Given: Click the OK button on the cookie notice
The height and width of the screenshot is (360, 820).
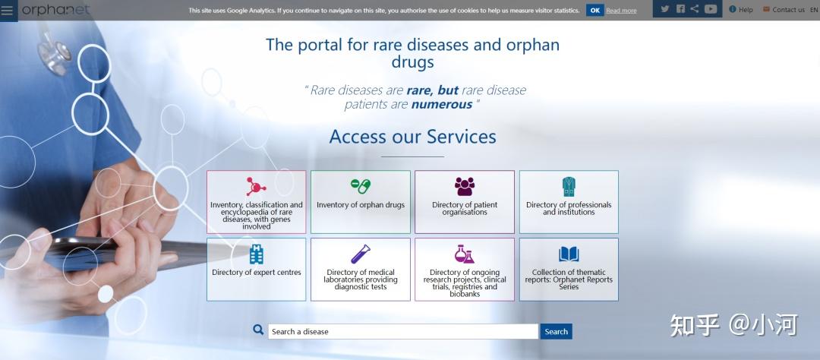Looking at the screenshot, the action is point(594,11).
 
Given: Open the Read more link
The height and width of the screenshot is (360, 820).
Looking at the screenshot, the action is point(621,11).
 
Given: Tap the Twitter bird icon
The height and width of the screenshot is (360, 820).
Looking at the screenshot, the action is point(664,9).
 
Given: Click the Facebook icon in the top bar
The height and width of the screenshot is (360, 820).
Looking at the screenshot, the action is point(680,9).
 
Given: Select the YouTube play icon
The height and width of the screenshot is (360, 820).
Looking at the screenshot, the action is point(710,9).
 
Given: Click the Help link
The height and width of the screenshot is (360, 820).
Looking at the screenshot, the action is point(741,9).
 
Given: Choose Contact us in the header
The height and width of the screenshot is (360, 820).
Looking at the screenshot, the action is point(784,9).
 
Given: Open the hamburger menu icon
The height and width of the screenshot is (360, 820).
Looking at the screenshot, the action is point(7,11).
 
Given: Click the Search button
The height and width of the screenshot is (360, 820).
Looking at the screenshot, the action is point(556,331).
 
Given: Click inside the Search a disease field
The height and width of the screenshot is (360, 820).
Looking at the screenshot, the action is point(402,331).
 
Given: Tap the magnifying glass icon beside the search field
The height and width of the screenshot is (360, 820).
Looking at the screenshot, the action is point(258,330).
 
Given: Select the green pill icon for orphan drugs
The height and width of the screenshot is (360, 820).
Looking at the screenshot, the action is point(361,186).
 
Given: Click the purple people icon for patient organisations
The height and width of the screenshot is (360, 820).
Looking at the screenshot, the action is point(465,186).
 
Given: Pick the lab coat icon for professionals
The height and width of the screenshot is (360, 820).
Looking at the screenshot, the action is point(569,186).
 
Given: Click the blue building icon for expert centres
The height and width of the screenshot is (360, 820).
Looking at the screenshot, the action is point(257,254).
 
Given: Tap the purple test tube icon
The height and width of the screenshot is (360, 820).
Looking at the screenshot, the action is point(361,254).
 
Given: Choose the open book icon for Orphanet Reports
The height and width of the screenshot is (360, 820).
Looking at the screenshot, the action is point(569,254).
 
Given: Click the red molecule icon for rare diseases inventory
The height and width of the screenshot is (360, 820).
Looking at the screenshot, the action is point(257,186).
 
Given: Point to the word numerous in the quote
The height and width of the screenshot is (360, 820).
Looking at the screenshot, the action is point(442,105).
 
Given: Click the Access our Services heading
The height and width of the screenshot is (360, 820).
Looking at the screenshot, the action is point(412,137).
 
